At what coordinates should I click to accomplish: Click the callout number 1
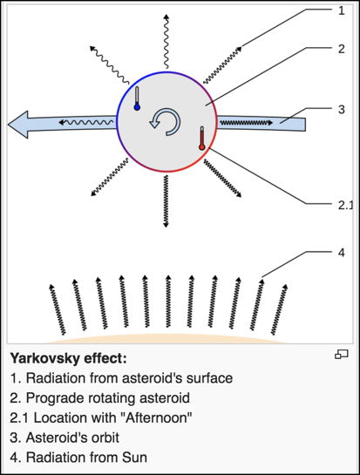click(342, 11)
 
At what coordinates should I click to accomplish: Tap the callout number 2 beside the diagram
click(342, 49)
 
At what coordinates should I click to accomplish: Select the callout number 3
click(342, 110)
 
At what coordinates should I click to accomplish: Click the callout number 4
click(342, 253)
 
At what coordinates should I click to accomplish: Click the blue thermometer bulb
click(137, 107)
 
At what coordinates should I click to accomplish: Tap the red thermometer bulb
click(202, 147)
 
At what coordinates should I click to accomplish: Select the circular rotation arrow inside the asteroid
click(165, 122)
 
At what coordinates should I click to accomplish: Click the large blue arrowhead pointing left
click(18, 125)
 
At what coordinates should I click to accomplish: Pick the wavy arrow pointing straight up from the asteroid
click(166, 41)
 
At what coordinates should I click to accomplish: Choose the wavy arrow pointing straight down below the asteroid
click(166, 201)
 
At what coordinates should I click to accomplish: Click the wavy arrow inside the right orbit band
click(246, 123)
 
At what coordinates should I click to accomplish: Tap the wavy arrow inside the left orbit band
click(85, 122)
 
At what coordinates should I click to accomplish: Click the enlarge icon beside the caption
click(342, 354)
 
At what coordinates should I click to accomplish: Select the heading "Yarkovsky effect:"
click(69, 359)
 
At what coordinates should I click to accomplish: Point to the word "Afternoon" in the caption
click(156, 418)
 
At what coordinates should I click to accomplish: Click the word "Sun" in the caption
click(134, 458)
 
